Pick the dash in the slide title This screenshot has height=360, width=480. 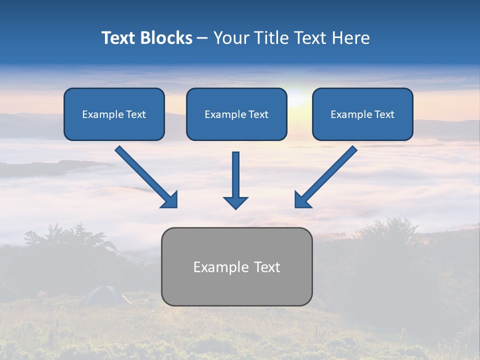click(x=202, y=38)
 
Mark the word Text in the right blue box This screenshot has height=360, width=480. click(x=384, y=114)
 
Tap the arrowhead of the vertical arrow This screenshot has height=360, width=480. click(x=235, y=202)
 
